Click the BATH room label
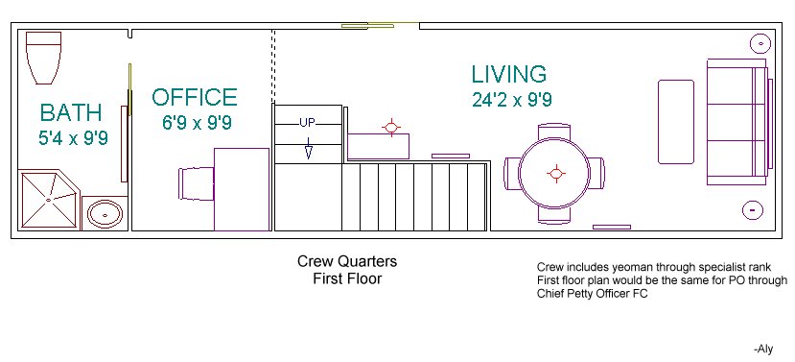(x=71, y=112)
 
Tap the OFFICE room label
(x=195, y=97)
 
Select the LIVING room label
(x=509, y=74)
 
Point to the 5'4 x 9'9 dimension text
(x=74, y=138)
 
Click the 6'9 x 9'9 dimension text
(x=197, y=122)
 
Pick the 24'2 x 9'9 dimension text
(x=512, y=100)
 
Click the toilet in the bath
(x=43, y=58)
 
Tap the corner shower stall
(x=48, y=200)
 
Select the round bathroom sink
(x=105, y=214)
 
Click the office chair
(x=197, y=183)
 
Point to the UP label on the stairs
(x=307, y=122)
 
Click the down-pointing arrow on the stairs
(x=308, y=148)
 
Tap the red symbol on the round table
(x=556, y=173)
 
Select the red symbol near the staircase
(x=391, y=127)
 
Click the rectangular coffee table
(x=676, y=122)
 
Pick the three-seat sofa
(x=737, y=122)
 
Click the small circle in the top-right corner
(x=761, y=43)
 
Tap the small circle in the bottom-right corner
(x=753, y=209)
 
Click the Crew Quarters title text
(x=347, y=261)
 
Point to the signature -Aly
(x=763, y=349)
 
